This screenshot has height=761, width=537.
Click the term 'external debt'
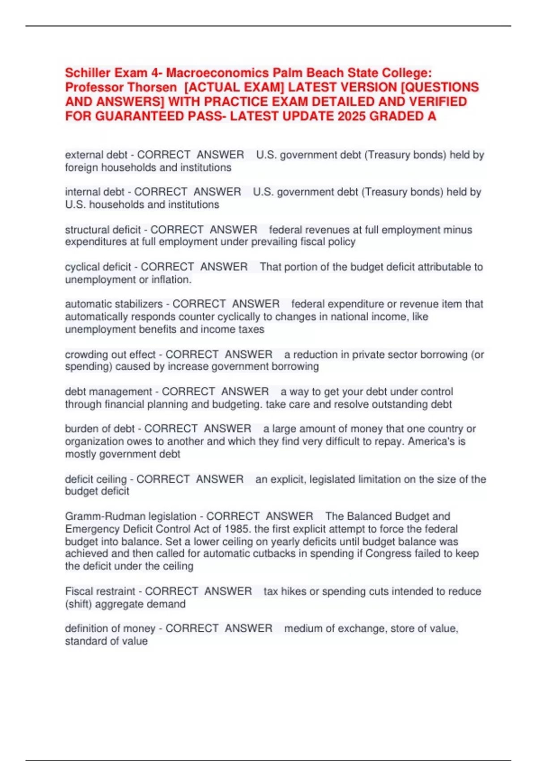click(96, 155)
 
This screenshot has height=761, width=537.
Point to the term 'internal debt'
click(94, 192)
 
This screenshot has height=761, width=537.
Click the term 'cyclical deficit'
click(98, 267)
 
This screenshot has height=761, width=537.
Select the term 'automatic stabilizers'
click(114, 304)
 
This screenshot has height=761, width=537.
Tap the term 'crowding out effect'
click(110, 355)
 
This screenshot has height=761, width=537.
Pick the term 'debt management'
click(108, 392)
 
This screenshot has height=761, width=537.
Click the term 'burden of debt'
click(100, 429)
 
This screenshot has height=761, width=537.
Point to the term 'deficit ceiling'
click(96, 479)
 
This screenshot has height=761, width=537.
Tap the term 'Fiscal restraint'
click(100, 591)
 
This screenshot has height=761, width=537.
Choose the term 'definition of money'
click(110, 628)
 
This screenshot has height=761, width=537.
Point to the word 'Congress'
click(387, 554)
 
